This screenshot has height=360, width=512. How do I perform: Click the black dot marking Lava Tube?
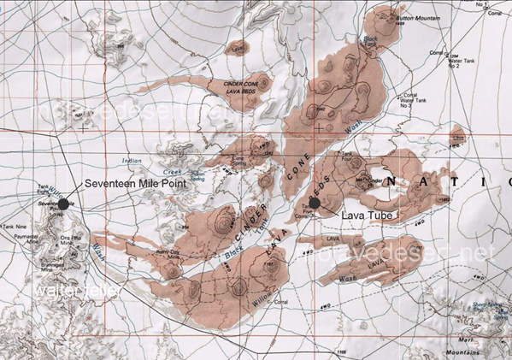[315, 203]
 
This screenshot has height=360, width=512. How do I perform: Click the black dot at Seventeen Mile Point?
[63, 204]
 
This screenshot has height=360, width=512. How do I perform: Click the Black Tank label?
[371, 39]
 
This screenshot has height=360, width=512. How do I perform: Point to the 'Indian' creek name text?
[132, 160]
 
